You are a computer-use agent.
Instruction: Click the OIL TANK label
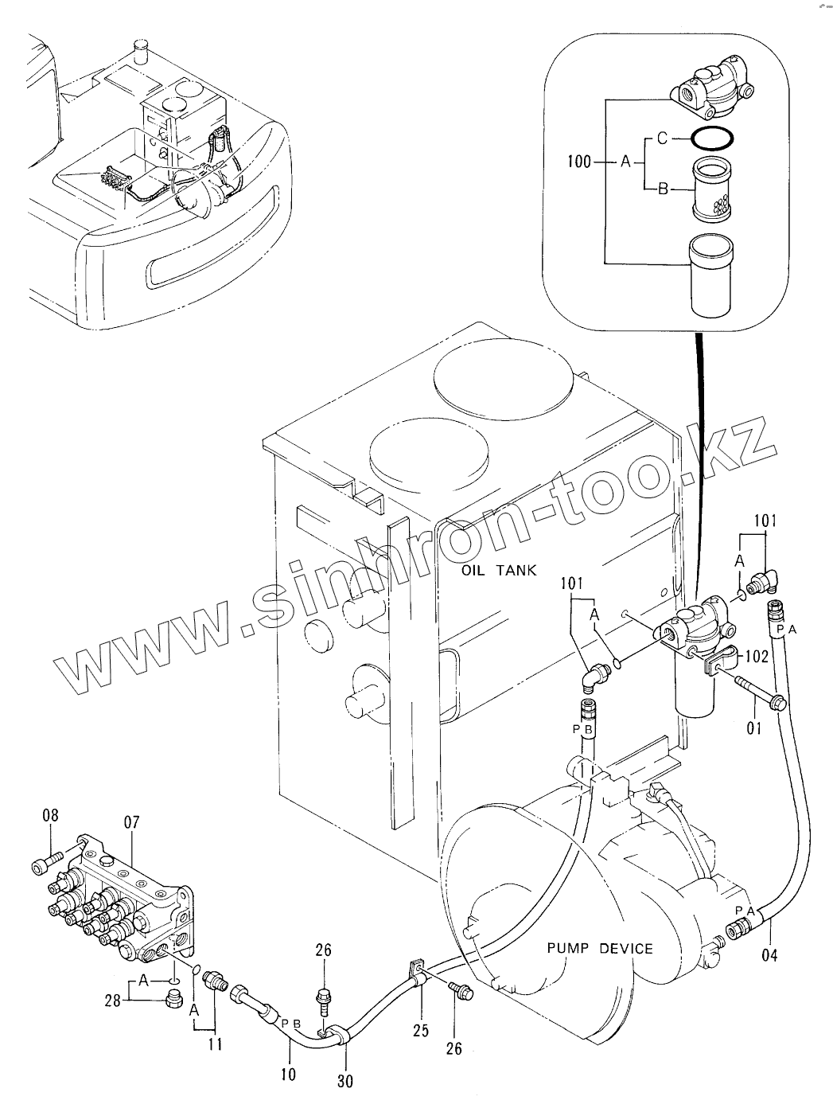[499, 571]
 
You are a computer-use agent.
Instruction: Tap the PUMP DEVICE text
[600, 949]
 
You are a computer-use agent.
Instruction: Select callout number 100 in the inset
[578, 162]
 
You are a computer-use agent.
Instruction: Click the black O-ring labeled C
[712, 138]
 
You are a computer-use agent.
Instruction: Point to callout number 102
[757, 656]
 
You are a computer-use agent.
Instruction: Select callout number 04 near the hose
[769, 955]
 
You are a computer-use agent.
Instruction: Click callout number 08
[50, 815]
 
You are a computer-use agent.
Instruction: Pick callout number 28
[112, 1000]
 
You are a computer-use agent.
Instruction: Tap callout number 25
[421, 1030]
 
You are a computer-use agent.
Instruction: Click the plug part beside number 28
[173, 998]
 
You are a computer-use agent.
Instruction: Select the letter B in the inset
[663, 189]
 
